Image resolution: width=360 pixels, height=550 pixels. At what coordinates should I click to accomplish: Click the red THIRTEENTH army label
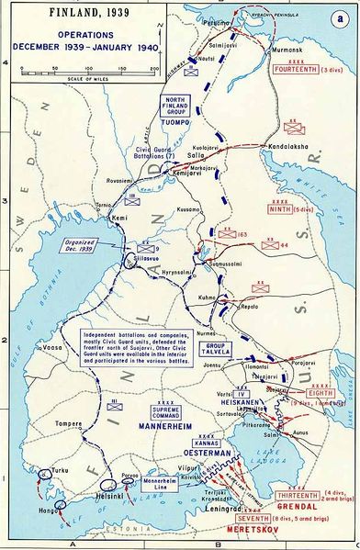click(x=273, y=494)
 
